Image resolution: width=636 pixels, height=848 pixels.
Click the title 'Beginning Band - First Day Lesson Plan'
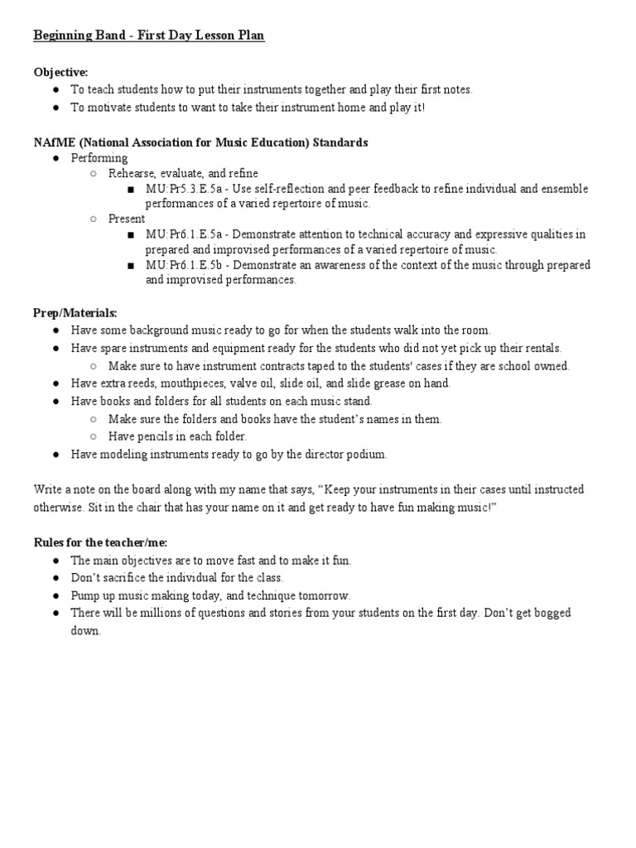(x=149, y=37)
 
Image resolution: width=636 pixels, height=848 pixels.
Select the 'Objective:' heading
(x=60, y=73)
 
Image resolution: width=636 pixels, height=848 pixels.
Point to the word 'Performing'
(x=99, y=158)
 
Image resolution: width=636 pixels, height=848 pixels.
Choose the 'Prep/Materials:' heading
(x=75, y=313)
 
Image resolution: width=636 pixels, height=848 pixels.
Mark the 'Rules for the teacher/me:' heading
(x=100, y=542)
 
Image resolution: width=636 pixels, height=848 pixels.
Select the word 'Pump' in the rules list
(x=86, y=595)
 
